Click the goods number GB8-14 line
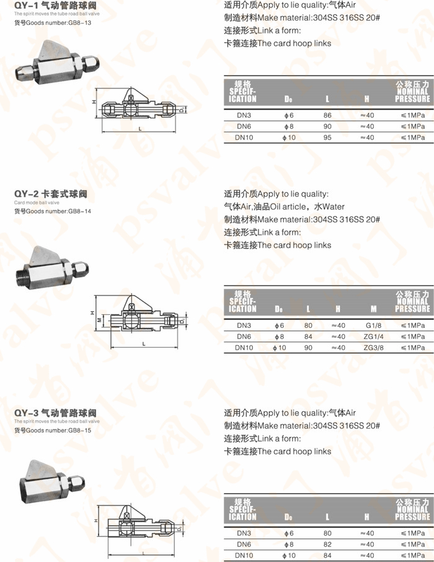pos(53,211)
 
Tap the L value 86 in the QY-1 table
pos(327,116)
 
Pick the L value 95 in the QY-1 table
pos(327,137)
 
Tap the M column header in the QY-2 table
pos(373,309)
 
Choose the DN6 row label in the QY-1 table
pos(244,126)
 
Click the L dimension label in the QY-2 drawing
pos(143,343)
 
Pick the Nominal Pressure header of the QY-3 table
pos(412,509)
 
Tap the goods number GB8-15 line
pos(53,430)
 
